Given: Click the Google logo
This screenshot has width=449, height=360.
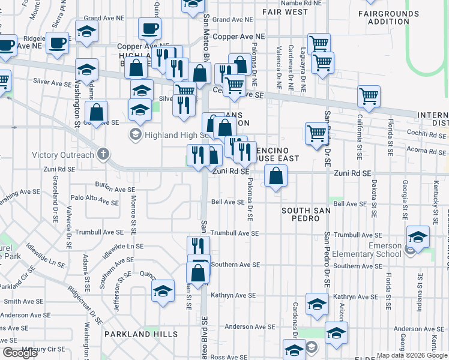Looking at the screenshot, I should point(20,353).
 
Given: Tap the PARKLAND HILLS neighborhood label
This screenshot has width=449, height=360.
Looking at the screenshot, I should point(140,334).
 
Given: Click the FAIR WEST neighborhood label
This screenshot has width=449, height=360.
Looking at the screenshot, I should point(285,12).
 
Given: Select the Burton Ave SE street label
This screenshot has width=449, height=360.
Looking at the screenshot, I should point(114,189).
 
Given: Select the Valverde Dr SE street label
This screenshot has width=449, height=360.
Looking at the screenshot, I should point(69,223).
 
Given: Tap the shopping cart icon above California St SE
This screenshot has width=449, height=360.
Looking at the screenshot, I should point(369,96).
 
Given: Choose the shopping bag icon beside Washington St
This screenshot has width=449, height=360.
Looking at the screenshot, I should point(96,112).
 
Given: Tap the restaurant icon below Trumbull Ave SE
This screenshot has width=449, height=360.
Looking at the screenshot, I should point(198,246).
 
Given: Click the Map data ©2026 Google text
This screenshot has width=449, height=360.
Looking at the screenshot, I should point(411,355).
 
